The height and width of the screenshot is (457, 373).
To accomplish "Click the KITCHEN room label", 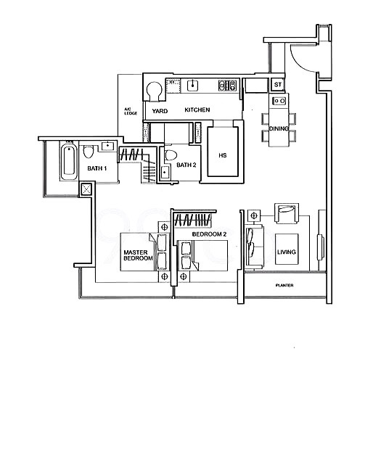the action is click(197, 110).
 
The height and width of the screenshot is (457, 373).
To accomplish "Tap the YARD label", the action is click(160, 111).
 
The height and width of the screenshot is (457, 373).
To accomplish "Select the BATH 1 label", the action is click(97, 168).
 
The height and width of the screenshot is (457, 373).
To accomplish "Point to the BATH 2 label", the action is click(186, 165).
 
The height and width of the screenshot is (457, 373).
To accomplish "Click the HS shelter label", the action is click(223, 155).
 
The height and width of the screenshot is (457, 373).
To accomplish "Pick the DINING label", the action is click(279, 128).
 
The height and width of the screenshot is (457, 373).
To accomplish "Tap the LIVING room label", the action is click(287, 252).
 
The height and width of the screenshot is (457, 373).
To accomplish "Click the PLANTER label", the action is click(284, 285).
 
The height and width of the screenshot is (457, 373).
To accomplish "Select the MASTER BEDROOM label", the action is click(138, 255).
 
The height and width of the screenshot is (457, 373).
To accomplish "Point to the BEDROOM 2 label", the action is click(209, 234).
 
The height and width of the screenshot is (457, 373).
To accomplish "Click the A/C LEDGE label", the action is click(131, 111).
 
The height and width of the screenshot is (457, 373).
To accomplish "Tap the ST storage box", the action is click(278, 85).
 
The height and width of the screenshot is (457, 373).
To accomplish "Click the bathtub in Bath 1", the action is click(69, 162).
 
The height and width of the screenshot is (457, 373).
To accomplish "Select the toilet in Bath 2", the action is click(171, 155).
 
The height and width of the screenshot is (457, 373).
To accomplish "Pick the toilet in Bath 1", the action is click(88, 152).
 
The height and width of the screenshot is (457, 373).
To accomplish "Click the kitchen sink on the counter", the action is click(192, 86).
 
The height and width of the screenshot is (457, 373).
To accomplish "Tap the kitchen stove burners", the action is click(227, 85).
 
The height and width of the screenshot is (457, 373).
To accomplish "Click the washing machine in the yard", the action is click(154, 91).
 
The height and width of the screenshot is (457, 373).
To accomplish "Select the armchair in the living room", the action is click(287, 213).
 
